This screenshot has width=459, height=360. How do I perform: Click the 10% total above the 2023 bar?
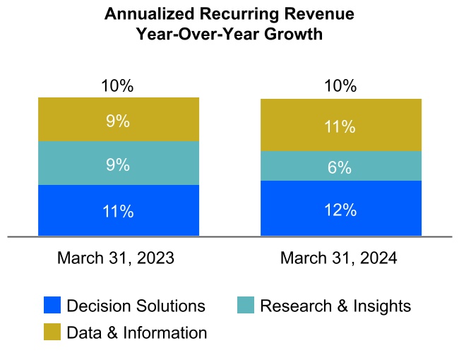118,86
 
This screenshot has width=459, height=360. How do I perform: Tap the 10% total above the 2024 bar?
341,86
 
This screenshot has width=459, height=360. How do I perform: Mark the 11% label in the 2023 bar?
118,211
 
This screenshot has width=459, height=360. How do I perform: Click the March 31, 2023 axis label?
116,258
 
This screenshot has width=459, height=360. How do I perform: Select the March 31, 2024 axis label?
339,258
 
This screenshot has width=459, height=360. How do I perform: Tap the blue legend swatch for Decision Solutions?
52,306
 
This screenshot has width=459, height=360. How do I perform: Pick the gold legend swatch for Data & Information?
52,332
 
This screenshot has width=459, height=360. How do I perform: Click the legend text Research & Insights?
335,306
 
